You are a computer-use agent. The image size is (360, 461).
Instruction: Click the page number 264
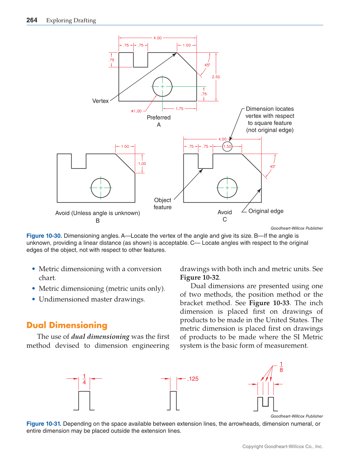[x=32, y=20]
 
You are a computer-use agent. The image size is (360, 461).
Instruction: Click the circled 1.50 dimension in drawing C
[x=227, y=146]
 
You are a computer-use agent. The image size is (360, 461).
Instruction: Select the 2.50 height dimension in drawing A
[x=216, y=77]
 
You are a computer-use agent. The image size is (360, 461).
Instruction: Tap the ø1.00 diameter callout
[x=136, y=111]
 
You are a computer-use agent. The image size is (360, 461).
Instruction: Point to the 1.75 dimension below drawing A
[x=179, y=109]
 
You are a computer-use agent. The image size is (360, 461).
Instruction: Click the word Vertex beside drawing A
[x=100, y=101]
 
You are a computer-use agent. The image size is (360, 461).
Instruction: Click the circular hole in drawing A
[x=162, y=86]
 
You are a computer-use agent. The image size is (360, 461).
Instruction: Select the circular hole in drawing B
[x=101, y=188]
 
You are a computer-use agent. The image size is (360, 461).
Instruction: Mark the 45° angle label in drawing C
[x=272, y=166]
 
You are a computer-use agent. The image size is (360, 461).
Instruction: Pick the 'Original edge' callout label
[x=266, y=211]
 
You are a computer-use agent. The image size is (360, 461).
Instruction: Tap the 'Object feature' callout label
[x=163, y=204]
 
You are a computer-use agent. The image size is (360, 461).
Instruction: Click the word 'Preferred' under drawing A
[x=159, y=118]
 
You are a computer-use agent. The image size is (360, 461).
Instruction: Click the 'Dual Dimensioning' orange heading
[x=67, y=325]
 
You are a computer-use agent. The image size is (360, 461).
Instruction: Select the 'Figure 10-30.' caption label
[x=44, y=236]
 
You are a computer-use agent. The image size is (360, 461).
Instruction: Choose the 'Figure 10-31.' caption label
[x=44, y=424]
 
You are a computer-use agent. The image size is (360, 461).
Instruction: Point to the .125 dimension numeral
[x=193, y=379]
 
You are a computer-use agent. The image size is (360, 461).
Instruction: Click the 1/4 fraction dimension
[x=84, y=379]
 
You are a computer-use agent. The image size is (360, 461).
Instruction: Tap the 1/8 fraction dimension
[x=281, y=367]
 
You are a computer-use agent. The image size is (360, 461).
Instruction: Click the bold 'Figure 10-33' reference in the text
[x=269, y=303]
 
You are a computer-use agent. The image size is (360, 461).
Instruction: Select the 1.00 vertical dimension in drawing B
[x=142, y=164]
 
